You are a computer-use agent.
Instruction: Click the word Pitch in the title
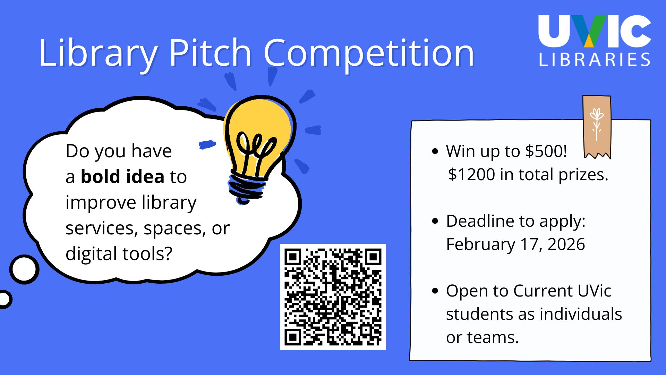point(210,53)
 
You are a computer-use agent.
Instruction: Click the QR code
point(333,297)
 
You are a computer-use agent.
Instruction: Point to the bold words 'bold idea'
point(122,176)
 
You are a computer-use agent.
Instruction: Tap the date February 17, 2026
point(515,244)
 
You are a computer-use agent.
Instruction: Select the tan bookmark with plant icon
point(597,127)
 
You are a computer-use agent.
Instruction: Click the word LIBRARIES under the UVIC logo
point(595,59)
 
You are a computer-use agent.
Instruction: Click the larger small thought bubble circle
point(24,269)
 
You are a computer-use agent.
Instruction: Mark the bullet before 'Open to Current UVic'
point(435,291)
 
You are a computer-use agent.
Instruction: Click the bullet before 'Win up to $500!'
point(435,151)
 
